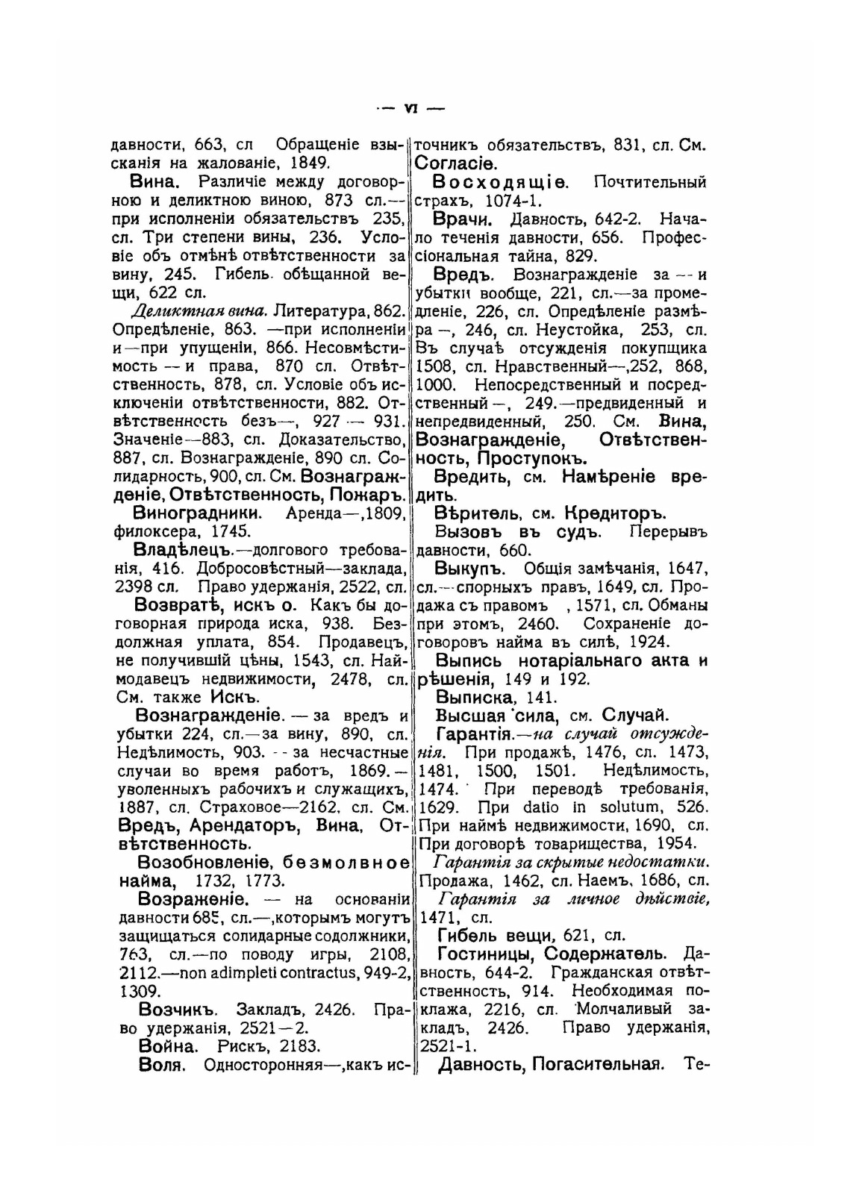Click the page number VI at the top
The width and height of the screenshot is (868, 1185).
point(410,108)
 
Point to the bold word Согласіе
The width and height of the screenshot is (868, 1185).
point(457,163)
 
